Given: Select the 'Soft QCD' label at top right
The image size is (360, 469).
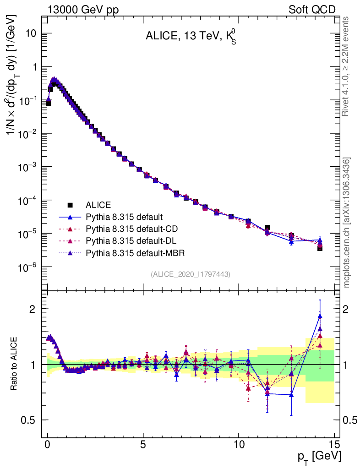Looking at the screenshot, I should (312, 10).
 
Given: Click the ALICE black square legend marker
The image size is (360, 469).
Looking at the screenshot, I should (70, 205).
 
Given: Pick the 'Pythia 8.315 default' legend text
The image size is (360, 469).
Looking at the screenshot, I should (124, 217).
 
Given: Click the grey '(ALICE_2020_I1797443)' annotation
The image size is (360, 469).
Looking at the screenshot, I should (191, 274).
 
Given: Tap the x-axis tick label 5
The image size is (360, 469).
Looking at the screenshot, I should (143, 444).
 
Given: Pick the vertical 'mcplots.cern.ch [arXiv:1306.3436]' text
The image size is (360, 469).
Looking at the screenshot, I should (347, 223).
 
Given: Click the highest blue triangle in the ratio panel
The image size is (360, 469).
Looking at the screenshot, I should (320, 316).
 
